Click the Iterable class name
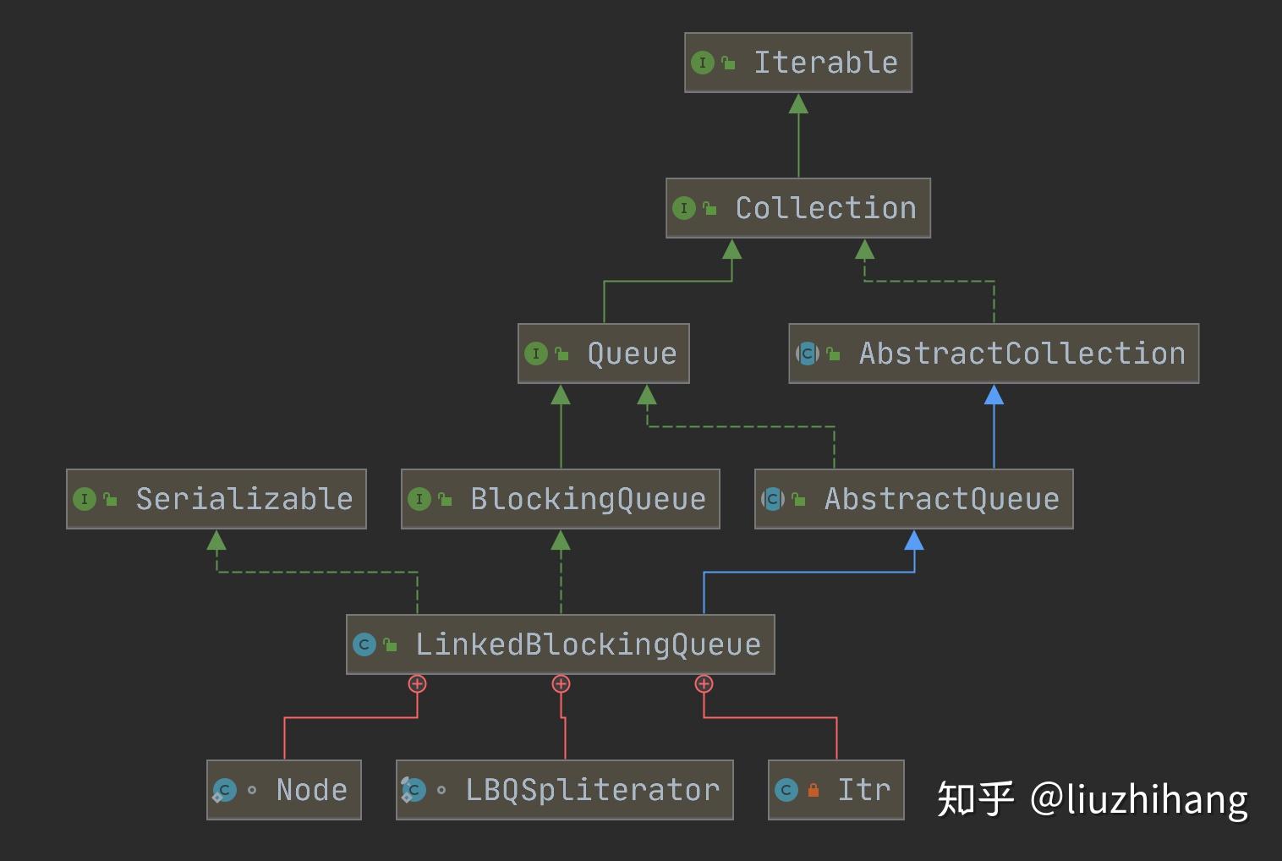point(826,63)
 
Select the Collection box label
point(826,208)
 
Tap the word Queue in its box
point(632,354)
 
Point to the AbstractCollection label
point(1022,354)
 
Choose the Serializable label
point(244,499)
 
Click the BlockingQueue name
point(588,499)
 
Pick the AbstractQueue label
point(941,499)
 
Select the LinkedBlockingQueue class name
point(588,644)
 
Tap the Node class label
point(311,790)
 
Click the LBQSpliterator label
point(592,790)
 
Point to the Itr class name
point(863,790)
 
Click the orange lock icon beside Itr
point(813,791)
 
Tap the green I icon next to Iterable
point(702,63)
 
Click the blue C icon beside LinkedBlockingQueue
point(364,644)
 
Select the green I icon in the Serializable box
point(84,499)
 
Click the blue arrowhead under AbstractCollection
point(994,394)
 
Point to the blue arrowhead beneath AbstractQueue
point(914,540)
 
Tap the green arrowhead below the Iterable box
point(798,104)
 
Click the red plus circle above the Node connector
point(417,683)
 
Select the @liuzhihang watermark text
point(1139,798)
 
